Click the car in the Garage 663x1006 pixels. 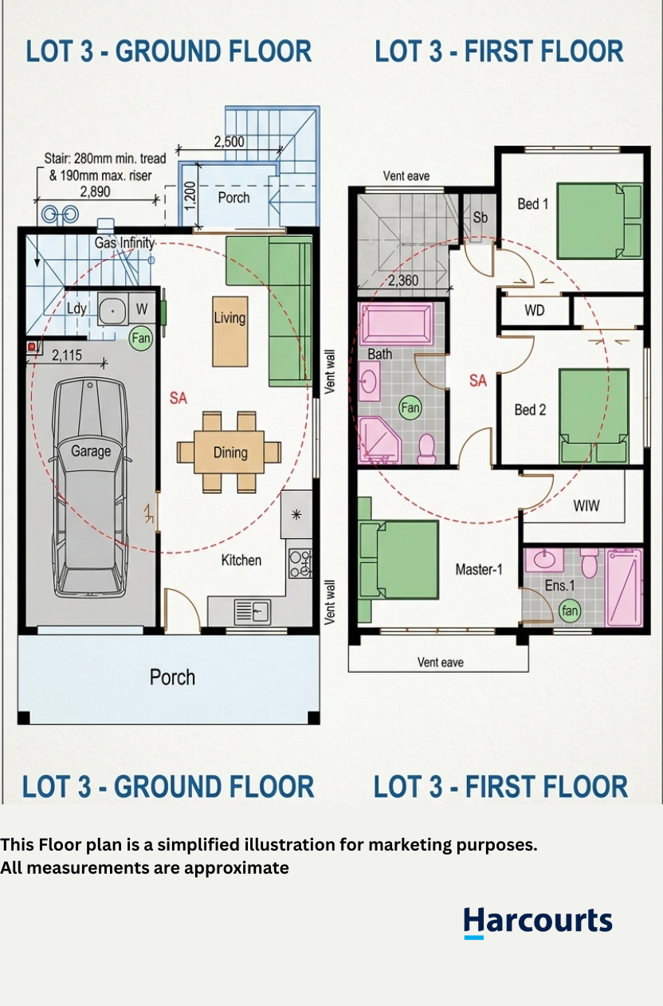[x=90, y=488]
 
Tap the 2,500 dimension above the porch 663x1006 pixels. [x=229, y=142]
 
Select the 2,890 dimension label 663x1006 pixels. [x=95, y=192]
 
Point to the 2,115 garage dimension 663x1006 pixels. [x=67, y=356]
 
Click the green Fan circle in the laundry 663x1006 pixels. [x=141, y=338]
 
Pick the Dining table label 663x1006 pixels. [x=230, y=453]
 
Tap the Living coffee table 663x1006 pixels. [x=230, y=332]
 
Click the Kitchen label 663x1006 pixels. [x=241, y=560]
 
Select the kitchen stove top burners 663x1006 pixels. [x=300, y=564]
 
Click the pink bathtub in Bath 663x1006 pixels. [x=395, y=324]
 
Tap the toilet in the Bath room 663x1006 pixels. [x=426, y=449]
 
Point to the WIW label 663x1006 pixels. [x=586, y=506]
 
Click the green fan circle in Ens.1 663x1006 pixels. [x=570, y=611]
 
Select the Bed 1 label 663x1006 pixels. [x=533, y=204]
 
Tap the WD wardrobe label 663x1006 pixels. [x=534, y=310]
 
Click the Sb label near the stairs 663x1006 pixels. [x=480, y=218]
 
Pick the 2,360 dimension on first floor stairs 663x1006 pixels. [x=403, y=281]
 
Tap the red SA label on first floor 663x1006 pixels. [x=478, y=381]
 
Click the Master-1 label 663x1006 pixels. [x=478, y=570]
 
